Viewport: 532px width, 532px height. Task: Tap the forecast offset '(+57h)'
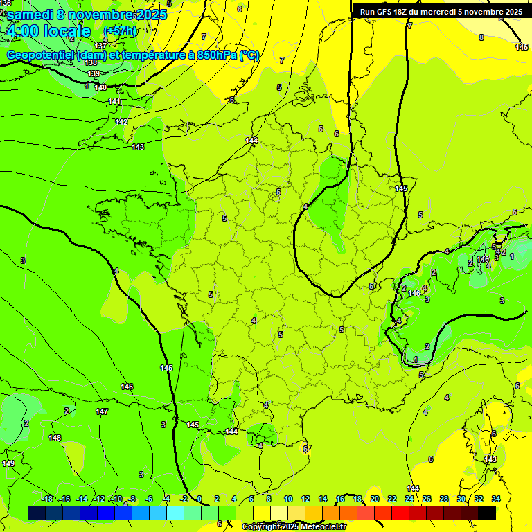coord(120,31)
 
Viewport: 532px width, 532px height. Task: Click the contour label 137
coord(101,46)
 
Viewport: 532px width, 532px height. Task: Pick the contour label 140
coord(100,87)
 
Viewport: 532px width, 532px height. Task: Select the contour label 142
coord(121,122)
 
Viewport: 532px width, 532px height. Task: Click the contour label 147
coord(102,411)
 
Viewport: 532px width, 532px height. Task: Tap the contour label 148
coord(55,438)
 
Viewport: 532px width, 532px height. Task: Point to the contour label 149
coord(8,463)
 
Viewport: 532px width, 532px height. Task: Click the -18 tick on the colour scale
coord(47,499)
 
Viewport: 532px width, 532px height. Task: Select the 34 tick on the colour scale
coord(496,499)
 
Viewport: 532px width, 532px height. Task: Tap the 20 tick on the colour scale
coord(375,499)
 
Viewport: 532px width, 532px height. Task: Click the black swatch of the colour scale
coord(487,513)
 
